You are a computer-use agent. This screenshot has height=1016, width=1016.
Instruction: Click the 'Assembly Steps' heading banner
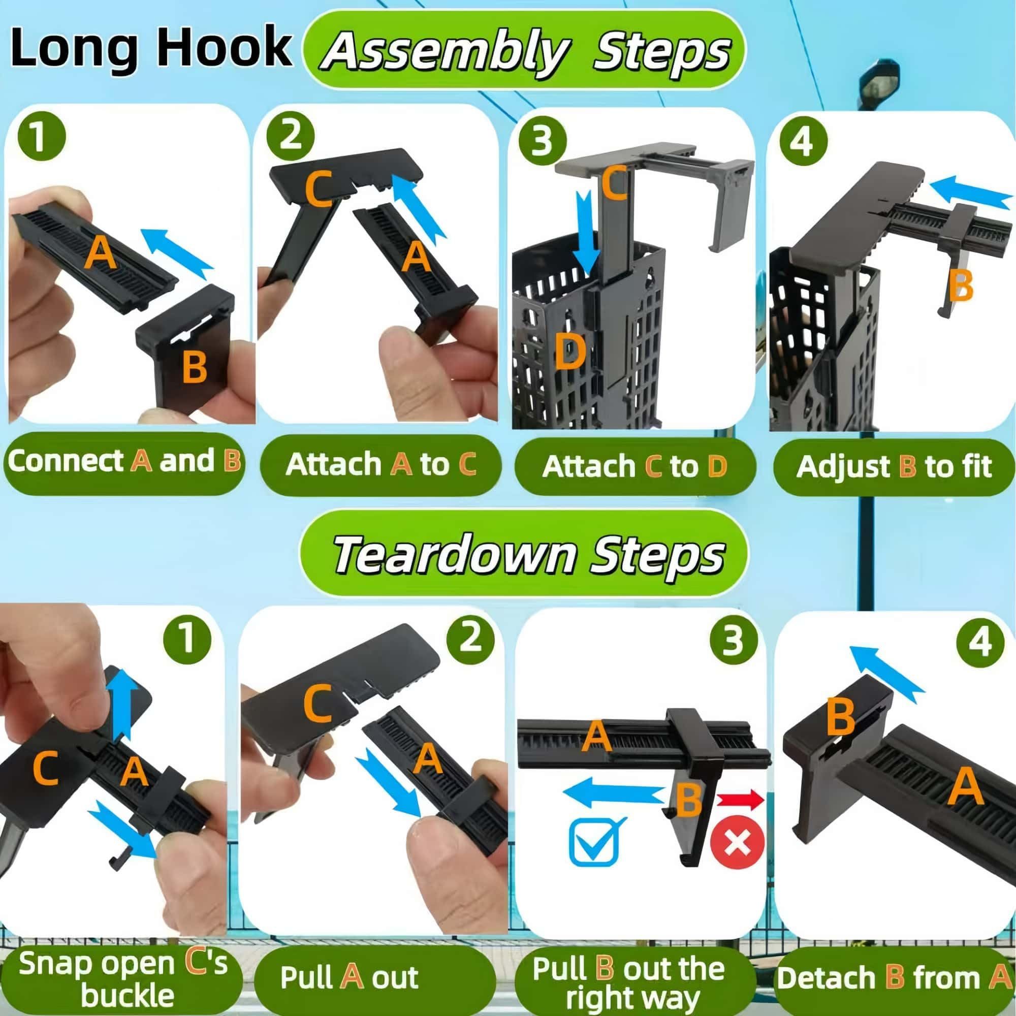tap(524, 50)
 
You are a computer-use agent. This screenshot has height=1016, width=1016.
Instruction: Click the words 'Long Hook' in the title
tap(151, 48)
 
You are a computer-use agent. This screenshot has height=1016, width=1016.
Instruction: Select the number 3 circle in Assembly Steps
tap(542, 142)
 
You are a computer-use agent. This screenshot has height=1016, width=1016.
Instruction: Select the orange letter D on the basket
tap(569, 352)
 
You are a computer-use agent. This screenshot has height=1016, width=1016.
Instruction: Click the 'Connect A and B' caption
tap(124, 461)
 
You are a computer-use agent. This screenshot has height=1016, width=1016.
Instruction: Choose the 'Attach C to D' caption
tap(634, 466)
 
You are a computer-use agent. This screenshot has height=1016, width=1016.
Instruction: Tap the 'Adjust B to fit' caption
tap(894, 466)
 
